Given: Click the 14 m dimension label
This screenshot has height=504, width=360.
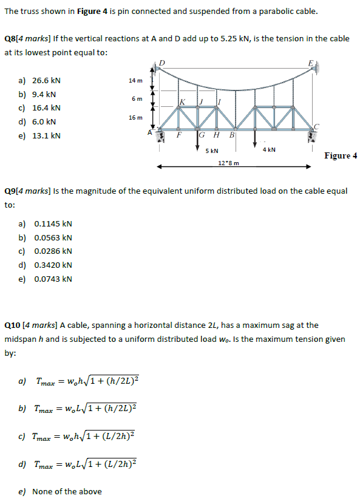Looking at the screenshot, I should point(135,81).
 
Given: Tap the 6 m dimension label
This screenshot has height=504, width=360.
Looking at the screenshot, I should point(137,98).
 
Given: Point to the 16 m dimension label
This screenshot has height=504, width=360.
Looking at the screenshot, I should point(135,117).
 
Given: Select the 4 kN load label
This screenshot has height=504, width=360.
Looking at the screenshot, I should point(269,149).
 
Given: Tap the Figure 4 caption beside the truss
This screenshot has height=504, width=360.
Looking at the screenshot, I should point(341,155).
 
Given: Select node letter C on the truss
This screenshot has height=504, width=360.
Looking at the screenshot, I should point(316,124).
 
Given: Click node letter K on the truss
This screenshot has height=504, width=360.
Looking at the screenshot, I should point(182,101).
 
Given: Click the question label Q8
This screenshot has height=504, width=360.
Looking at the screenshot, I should point(10,38).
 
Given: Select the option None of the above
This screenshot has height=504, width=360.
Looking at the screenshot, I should point(66,491).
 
